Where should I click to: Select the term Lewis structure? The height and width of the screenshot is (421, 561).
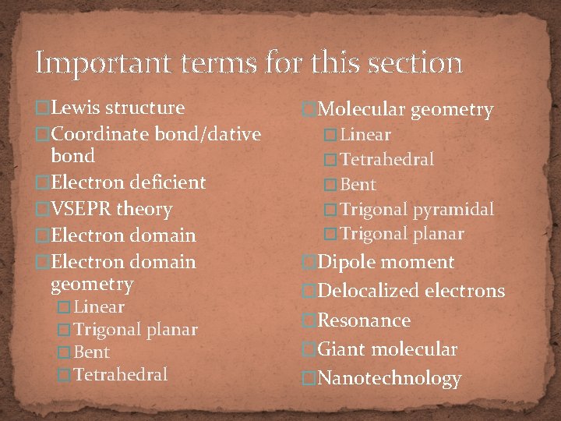[x=118, y=108]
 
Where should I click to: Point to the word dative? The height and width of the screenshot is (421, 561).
[x=231, y=134]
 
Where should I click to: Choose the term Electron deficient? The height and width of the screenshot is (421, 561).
[x=128, y=182]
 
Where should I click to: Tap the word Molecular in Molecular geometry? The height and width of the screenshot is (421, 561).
[x=362, y=110]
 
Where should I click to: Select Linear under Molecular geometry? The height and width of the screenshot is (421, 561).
[x=365, y=135]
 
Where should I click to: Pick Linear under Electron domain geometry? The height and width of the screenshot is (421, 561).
[x=99, y=306]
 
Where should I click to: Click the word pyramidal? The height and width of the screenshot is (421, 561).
[x=453, y=209]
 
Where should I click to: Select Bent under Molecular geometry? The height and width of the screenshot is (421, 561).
[x=358, y=185]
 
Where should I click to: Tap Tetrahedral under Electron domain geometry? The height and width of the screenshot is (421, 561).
[x=121, y=374]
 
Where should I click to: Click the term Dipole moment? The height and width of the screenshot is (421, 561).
[x=386, y=262]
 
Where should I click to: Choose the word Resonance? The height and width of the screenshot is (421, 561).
[x=364, y=320]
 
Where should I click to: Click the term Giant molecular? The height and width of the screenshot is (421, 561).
[x=387, y=349]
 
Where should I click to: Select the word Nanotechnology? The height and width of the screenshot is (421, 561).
[x=390, y=379]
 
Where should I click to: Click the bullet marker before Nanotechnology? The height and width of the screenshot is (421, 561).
[x=309, y=379]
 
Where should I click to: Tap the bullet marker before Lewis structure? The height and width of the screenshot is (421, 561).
[x=43, y=108]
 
